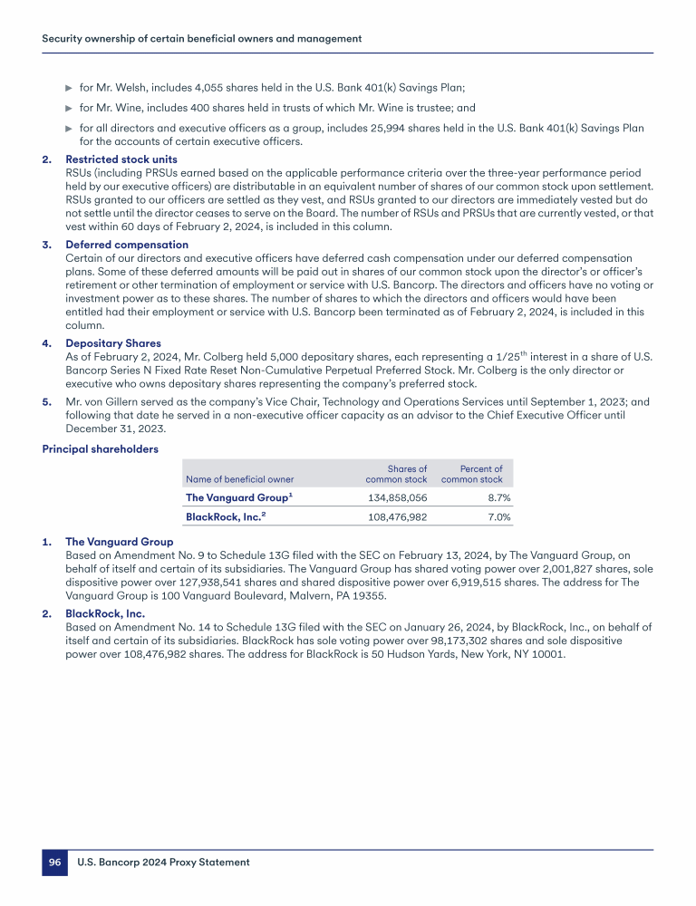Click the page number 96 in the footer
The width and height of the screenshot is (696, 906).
pos(54,863)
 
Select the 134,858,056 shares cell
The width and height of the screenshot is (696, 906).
pos(396,497)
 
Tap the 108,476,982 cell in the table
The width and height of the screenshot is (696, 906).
pos(396,517)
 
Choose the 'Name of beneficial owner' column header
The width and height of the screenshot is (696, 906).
pos(239,479)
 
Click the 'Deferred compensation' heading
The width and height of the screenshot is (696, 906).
pos(127,245)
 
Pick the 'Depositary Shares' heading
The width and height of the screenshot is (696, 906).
pos(113,343)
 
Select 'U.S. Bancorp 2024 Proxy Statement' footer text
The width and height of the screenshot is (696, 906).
pos(163,863)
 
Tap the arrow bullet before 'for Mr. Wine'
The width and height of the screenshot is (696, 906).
pos(69,108)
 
